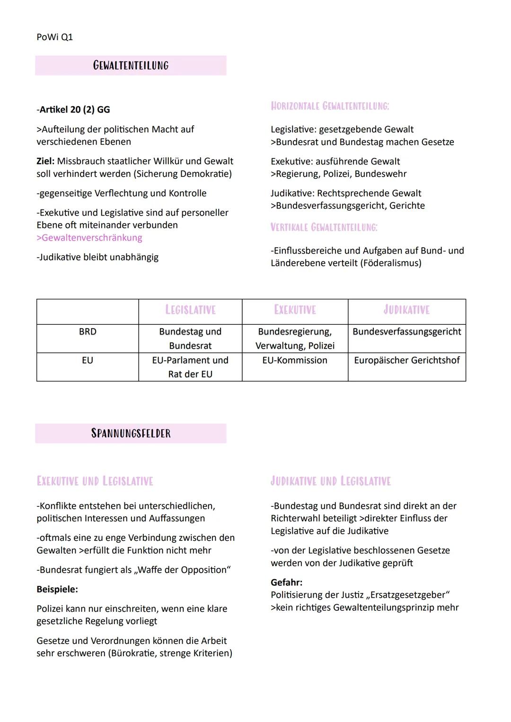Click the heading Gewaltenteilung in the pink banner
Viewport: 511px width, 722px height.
tap(131, 65)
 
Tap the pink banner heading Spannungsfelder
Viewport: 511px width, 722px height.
tap(131, 433)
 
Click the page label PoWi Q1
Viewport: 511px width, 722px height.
tap(54, 37)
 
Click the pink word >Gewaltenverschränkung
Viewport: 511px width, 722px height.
tap(89, 238)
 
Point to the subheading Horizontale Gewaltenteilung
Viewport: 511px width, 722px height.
tap(330, 106)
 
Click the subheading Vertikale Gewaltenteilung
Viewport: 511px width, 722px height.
tap(324, 227)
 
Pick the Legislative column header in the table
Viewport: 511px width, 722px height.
tap(190, 310)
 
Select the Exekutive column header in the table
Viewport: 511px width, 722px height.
tap(295, 310)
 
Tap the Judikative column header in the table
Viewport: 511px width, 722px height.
tap(406, 310)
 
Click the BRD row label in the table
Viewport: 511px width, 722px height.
tap(88, 332)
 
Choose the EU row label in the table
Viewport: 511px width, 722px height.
tap(88, 360)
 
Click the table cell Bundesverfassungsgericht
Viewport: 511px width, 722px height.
tap(406, 332)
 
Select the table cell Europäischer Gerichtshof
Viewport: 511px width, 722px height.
tap(406, 360)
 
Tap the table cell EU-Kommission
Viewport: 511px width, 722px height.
tap(295, 360)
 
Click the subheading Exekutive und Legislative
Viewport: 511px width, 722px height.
tap(95, 481)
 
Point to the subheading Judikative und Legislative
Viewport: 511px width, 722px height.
tap(330, 481)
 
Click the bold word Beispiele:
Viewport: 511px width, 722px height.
tap(57, 590)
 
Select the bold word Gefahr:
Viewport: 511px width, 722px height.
tap(286, 583)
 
